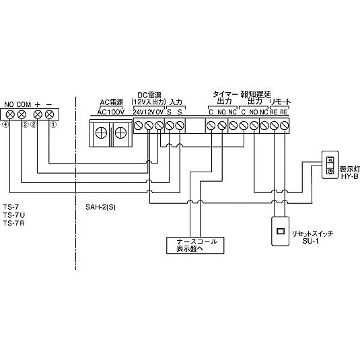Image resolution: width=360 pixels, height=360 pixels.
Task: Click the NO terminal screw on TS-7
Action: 11,114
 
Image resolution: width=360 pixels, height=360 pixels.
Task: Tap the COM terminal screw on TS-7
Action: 22,114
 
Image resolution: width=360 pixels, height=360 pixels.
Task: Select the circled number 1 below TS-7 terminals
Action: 53,124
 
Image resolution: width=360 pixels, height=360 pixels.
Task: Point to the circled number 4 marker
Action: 5,124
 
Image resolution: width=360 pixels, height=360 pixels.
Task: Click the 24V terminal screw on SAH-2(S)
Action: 139,126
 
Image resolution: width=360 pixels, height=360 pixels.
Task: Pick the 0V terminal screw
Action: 159,126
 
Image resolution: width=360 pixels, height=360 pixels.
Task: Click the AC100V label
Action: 110,112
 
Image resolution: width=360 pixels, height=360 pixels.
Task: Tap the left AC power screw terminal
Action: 101,133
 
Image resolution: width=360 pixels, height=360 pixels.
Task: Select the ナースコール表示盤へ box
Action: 195,245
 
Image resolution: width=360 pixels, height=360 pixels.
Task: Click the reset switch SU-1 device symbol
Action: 281,231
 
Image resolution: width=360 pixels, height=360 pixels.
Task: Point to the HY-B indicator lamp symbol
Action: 330,165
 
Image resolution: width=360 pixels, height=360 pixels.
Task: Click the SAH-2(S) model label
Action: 100,207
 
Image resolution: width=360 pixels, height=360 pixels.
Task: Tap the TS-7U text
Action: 13,215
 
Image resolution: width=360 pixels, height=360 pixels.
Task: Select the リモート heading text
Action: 280,102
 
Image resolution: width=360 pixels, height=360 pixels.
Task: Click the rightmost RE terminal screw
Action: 284,126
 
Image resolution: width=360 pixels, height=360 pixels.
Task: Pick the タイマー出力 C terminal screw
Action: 211,126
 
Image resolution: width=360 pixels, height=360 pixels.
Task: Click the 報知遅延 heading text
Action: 256,94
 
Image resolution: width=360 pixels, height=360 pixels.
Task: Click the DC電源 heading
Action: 149,95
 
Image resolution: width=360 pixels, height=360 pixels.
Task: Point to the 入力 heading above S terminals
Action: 176,102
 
